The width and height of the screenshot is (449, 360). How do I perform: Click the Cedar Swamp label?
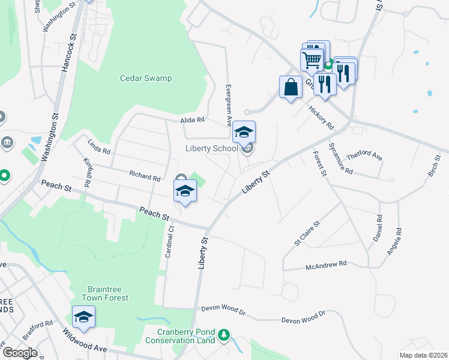146,78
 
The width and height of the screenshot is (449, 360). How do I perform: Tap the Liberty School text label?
211,149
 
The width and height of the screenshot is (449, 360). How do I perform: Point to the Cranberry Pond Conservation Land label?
186,336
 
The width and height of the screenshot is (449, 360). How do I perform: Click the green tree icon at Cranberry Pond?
224,334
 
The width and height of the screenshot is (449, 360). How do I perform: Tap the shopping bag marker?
291,87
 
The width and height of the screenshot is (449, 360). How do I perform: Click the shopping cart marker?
312,60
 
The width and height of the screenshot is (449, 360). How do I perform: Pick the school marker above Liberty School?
244,132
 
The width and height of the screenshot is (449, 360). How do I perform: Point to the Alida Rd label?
193,120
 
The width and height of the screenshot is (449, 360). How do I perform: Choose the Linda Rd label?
99,146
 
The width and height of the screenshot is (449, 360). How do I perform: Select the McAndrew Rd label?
327,263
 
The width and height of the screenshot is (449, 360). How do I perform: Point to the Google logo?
20,352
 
